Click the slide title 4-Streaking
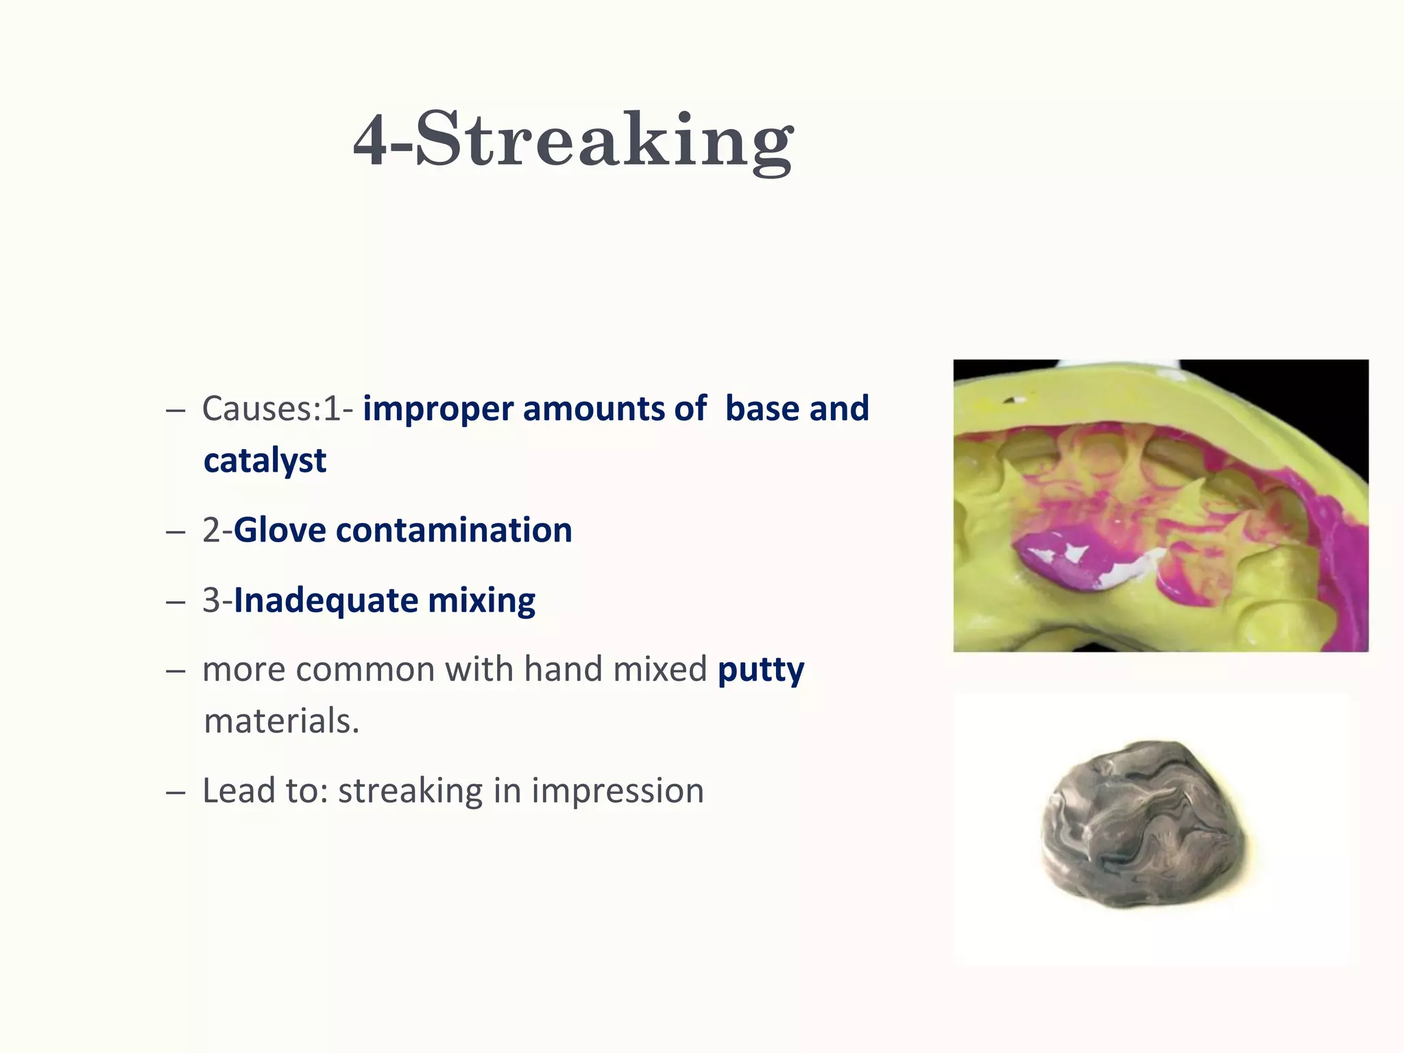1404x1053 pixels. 573,141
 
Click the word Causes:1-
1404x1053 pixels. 278,409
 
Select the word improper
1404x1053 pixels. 437,409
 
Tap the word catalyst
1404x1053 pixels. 265,460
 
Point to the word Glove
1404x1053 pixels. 279,530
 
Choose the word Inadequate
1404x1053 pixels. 326,600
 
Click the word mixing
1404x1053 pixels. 481,600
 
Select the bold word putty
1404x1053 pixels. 761,669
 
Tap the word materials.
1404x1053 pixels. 281,721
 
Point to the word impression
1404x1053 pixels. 618,790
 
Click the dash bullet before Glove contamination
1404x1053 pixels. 175,532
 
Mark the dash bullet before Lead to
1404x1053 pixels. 175,792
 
